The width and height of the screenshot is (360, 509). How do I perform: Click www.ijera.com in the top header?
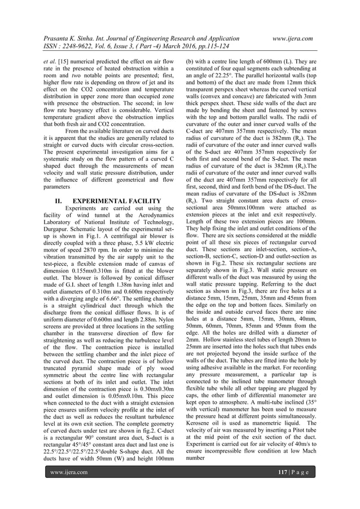(x=292, y=38)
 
